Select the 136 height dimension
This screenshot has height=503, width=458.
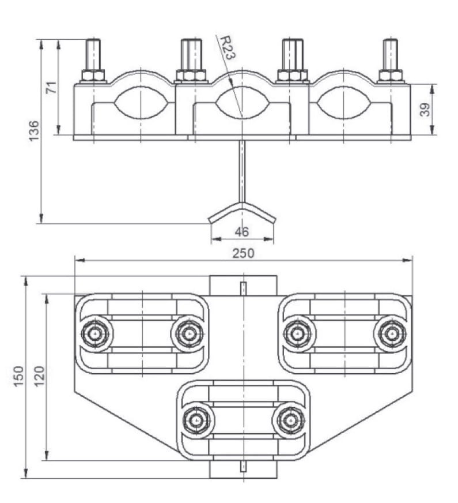(x=34, y=131)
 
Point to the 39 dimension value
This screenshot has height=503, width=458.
(x=425, y=109)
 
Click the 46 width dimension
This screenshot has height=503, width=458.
(x=242, y=232)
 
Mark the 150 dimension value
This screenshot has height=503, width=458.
(x=18, y=376)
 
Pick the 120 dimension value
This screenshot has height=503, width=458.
(x=40, y=376)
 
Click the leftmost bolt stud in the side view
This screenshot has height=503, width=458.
(x=93, y=55)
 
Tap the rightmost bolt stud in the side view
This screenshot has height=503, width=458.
(x=390, y=55)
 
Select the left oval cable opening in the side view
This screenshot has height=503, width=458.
(x=141, y=103)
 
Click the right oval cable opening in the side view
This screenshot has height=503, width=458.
(x=344, y=103)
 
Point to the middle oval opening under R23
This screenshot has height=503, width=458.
(x=243, y=103)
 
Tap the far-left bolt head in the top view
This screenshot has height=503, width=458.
(x=93, y=333)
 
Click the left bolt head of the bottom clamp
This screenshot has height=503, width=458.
(x=196, y=420)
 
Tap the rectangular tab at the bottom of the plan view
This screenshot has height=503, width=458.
(x=243, y=469)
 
